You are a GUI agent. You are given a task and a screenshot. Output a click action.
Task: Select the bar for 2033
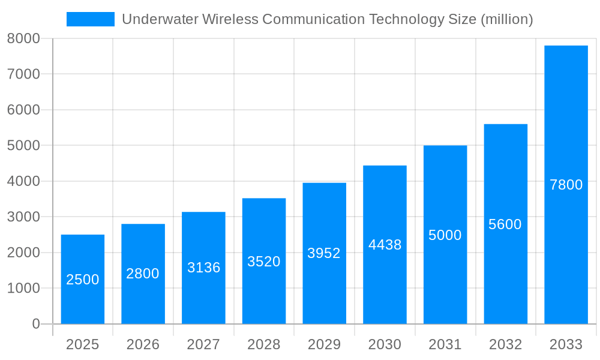(x=566, y=240)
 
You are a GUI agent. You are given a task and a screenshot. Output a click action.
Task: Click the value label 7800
(x=566, y=185)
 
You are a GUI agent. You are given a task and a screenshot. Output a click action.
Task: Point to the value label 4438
(x=385, y=245)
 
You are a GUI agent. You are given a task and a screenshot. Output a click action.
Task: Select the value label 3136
(x=203, y=268)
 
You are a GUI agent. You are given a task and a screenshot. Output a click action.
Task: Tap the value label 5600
(x=505, y=224)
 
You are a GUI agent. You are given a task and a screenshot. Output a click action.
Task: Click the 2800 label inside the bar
(x=143, y=274)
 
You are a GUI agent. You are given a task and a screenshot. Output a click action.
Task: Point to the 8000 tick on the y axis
(x=23, y=38)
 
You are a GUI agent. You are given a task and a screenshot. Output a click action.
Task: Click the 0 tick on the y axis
(x=35, y=324)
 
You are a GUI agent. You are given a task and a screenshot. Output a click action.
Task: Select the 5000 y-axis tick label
(x=23, y=145)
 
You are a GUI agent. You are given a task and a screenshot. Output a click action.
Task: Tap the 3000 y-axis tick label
(x=23, y=217)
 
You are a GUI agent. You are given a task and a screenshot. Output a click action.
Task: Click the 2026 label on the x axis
(x=143, y=344)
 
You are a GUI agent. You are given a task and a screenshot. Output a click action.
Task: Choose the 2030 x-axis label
(x=385, y=344)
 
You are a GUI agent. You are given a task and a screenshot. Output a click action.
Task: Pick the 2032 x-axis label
(x=505, y=344)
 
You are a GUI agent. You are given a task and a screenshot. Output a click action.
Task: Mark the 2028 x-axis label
(x=264, y=344)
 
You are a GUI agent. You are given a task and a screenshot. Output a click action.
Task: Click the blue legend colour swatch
(x=90, y=19)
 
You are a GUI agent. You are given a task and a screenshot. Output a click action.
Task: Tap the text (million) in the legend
(x=507, y=19)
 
